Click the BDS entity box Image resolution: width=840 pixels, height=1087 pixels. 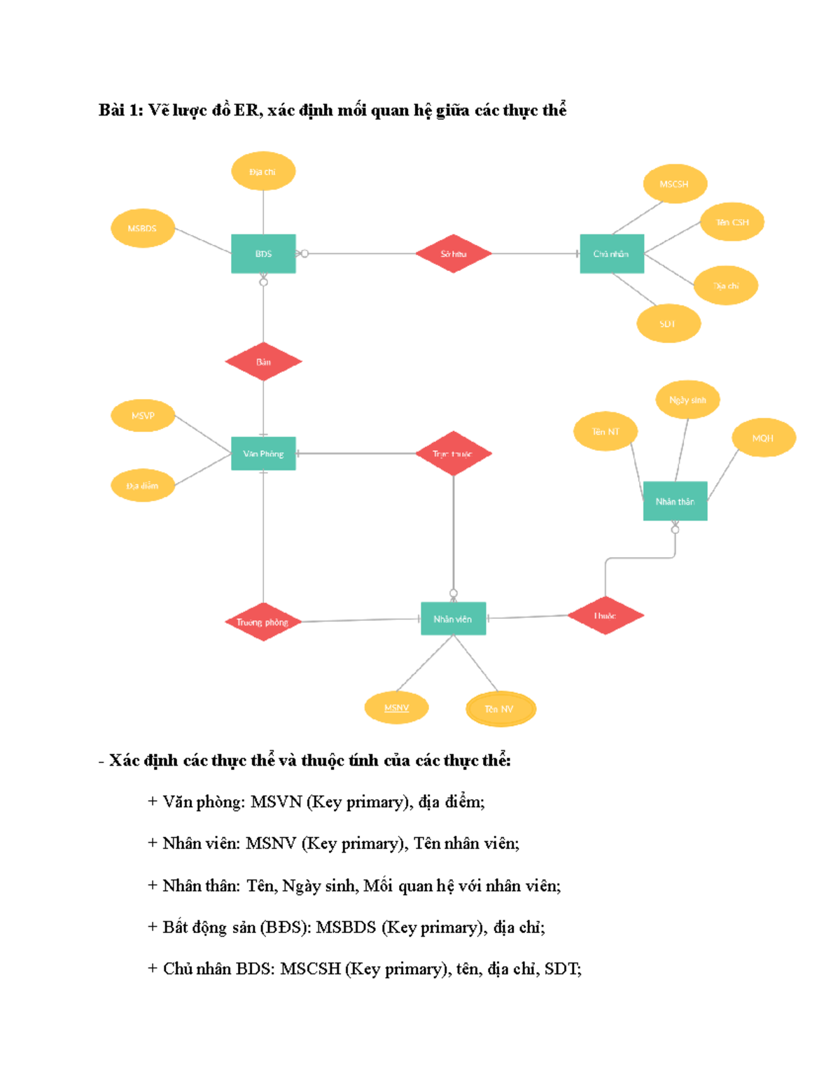(x=263, y=253)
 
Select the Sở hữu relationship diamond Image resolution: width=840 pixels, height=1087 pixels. (x=454, y=253)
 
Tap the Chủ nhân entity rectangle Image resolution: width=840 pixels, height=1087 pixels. (x=611, y=253)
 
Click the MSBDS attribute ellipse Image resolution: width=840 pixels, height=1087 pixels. (x=142, y=228)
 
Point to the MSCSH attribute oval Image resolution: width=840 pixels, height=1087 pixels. (x=674, y=184)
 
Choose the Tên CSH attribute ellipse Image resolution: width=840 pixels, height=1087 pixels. (x=731, y=222)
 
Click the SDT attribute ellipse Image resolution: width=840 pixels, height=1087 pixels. (x=668, y=323)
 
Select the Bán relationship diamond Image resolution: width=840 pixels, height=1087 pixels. (x=263, y=362)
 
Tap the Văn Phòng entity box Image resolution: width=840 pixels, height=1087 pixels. (x=263, y=454)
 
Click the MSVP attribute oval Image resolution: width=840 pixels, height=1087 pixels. (x=142, y=416)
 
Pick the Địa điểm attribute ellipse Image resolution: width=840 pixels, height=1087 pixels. (x=142, y=486)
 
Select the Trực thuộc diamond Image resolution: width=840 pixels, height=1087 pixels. (x=454, y=454)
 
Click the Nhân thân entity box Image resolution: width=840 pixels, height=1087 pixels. (x=675, y=501)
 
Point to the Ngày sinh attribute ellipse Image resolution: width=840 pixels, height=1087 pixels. (x=687, y=400)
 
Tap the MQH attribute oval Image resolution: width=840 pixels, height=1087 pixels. (x=763, y=438)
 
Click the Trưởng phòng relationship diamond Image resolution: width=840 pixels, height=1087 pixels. (x=263, y=622)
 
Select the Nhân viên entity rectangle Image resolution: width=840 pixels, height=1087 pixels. (x=453, y=619)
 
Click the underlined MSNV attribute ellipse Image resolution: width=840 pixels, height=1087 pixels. (x=396, y=708)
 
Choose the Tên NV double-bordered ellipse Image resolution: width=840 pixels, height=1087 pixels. (x=500, y=709)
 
